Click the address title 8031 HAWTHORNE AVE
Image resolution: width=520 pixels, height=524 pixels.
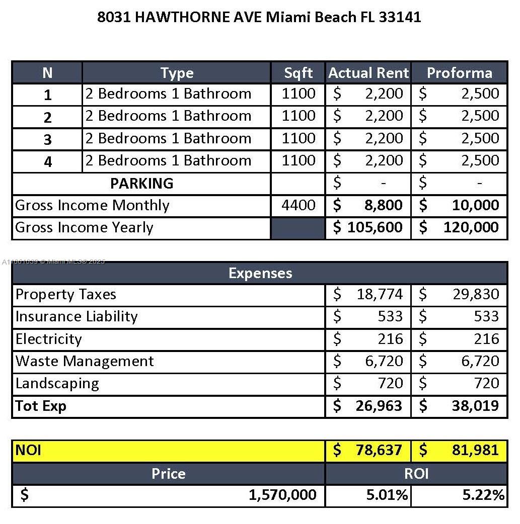click(259, 17)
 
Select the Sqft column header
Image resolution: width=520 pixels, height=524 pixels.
click(298, 73)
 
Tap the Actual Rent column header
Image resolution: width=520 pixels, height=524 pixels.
click(368, 73)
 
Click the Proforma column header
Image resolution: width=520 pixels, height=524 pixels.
click(459, 73)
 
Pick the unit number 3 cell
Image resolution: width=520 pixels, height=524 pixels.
click(47, 139)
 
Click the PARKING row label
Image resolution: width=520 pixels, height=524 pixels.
click(141, 184)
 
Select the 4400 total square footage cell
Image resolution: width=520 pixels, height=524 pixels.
click(299, 205)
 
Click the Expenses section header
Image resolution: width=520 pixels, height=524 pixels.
click(260, 273)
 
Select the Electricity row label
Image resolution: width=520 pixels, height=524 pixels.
click(48, 339)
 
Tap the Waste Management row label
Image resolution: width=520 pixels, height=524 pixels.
click(85, 361)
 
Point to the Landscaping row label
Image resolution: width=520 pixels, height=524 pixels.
click(57, 383)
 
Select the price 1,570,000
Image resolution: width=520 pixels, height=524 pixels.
click(282, 495)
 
